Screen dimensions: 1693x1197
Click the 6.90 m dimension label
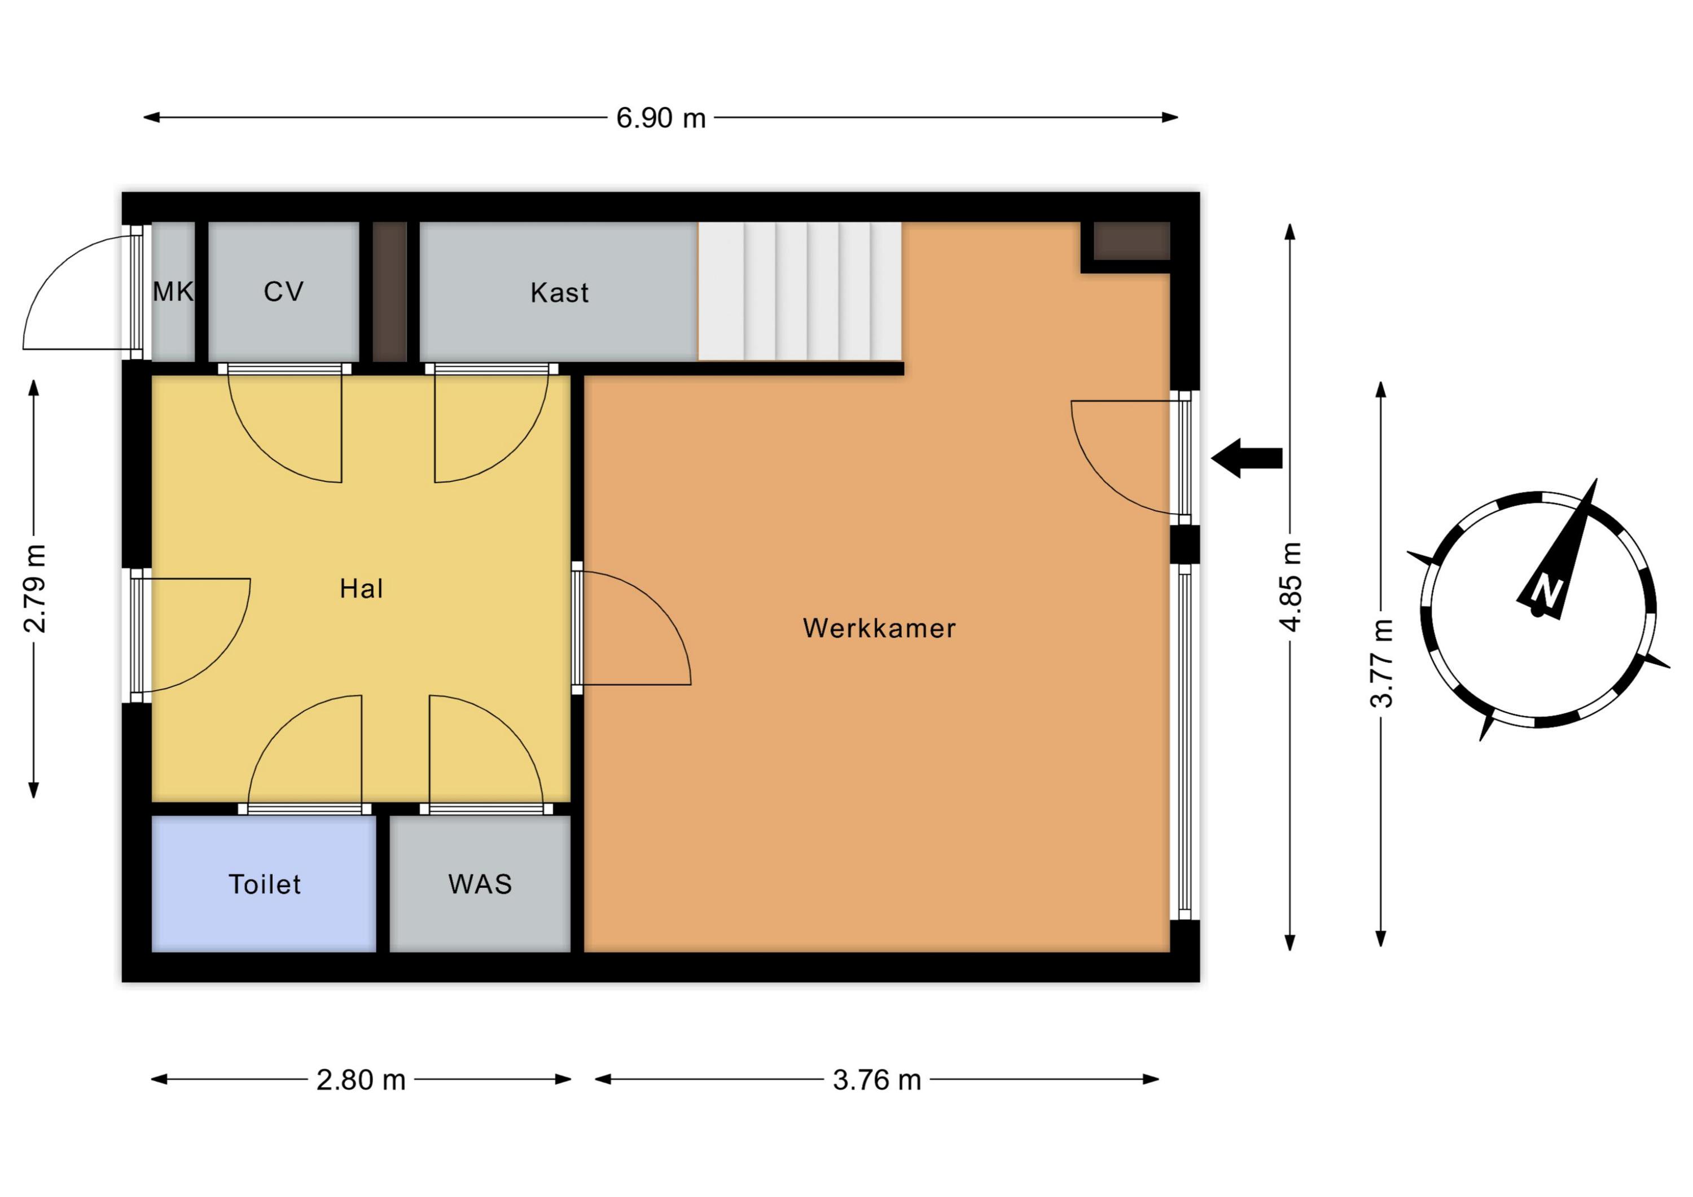661,118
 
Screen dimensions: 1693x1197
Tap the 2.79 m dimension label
36,589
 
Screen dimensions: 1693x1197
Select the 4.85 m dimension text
1291,586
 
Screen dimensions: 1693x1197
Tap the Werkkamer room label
879,628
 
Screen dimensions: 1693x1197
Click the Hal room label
361,589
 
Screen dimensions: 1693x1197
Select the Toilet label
265,884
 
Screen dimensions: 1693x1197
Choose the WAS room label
480,884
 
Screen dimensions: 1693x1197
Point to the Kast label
560,293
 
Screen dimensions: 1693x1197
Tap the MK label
173,292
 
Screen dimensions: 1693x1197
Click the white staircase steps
800,291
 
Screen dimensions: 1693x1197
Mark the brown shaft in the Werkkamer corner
1132,241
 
